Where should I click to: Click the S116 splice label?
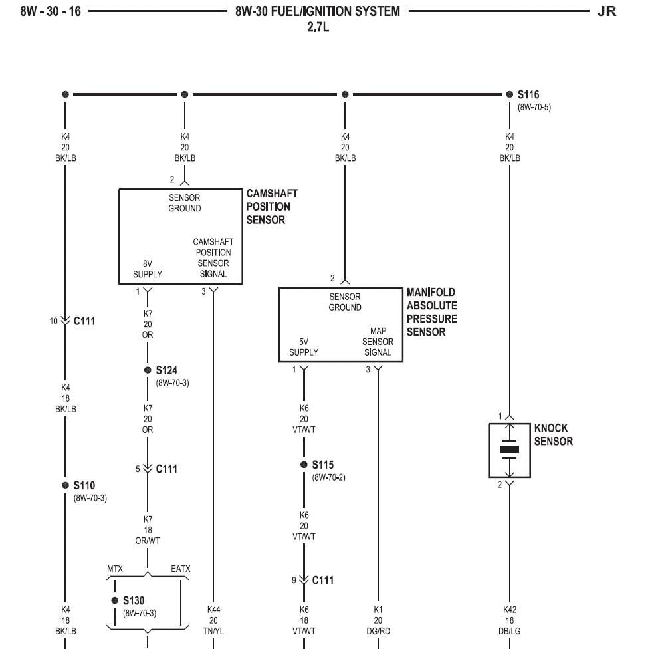[x=528, y=95]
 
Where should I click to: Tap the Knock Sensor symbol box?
[x=510, y=450]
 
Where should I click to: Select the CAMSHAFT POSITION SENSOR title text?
[x=272, y=207]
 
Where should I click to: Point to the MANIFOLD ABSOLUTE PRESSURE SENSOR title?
[x=432, y=312]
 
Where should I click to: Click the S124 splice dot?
[x=148, y=370]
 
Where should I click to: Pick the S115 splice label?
[x=322, y=465]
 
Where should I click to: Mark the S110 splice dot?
[x=65, y=485]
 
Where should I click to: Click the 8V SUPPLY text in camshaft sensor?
[x=148, y=269]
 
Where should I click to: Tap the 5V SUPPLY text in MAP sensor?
[x=304, y=347]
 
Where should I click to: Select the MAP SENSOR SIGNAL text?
[x=378, y=342]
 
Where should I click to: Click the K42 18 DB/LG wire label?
[x=510, y=620]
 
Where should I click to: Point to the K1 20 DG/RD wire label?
[x=378, y=620]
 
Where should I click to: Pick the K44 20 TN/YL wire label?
[x=213, y=620]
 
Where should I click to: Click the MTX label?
[x=116, y=569]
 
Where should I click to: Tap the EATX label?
[x=180, y=569]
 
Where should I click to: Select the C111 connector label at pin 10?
[x=84, y=321]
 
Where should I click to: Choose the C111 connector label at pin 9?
[x=323, y=581]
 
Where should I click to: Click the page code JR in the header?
[x=607, y=11]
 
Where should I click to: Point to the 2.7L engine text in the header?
[x=318, y=28]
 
